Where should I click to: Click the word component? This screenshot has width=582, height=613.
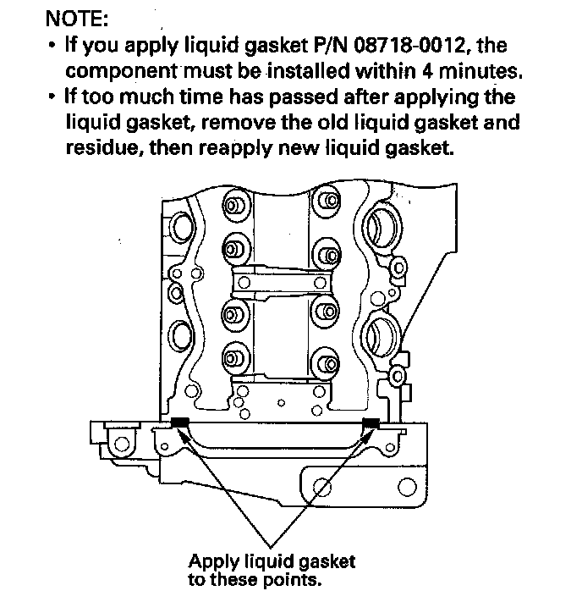point(118,69)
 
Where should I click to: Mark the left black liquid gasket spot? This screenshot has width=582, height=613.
point(180,422)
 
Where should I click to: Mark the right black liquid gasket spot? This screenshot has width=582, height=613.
point(371,422)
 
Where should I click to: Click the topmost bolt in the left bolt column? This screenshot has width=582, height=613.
point(230,207)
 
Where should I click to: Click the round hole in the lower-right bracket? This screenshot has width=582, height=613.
point(321,487)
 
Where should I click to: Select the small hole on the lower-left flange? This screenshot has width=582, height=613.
point(123,444)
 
